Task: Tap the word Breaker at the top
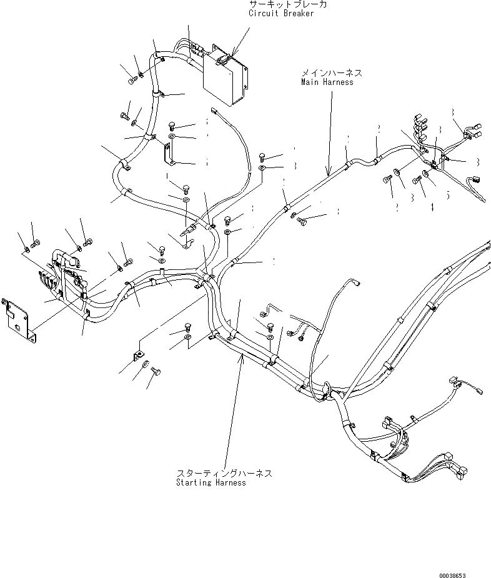pyautogui.click(x=299, y=14)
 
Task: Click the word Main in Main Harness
pyautogui.click(x=310, y=82)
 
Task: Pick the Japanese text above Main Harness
pyautogui.click(x=331, y=73)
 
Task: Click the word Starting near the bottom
pyautogui.click(x=194, y=483)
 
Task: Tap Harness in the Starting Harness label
pyautogui.click(x=229, y=483)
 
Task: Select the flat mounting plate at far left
pyautogui.click(x=18, y=319)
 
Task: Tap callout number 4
pyautogui.click(x=432, y=207)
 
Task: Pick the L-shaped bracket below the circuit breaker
pyautogui.click(x=168, y=154)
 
